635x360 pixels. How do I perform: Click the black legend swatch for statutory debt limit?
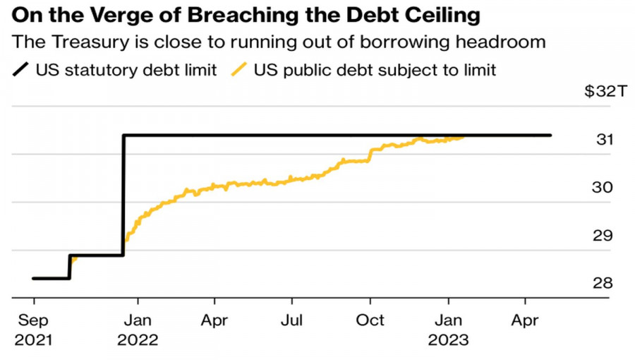pos(21,70)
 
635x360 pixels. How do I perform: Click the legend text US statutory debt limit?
pos(126,70)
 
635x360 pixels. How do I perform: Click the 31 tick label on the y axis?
pos(604,140)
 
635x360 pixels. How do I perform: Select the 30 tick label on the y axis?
pos(604,188)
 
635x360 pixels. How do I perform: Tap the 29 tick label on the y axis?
pos(604,236)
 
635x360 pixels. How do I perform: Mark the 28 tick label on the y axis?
pos(604,284)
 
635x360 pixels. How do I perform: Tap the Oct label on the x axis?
pos(370,320)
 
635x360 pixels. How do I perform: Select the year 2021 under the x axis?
pos(34,340)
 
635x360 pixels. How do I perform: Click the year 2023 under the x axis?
pos(448,340)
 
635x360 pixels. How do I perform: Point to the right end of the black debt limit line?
pos(550,136)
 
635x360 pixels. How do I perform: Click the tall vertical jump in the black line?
pos(123,194)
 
